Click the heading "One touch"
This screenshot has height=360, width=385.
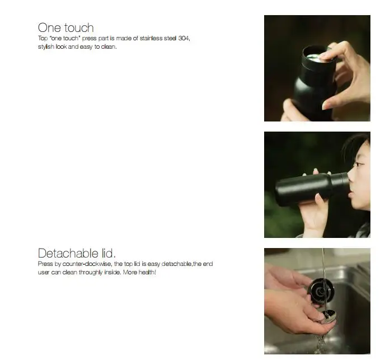[x=65, y=27]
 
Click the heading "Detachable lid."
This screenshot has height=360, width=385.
[x=77, y=253]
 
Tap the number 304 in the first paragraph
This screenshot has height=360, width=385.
[x=185, y=38]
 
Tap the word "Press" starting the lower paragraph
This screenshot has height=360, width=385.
[x=45, y=264]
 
